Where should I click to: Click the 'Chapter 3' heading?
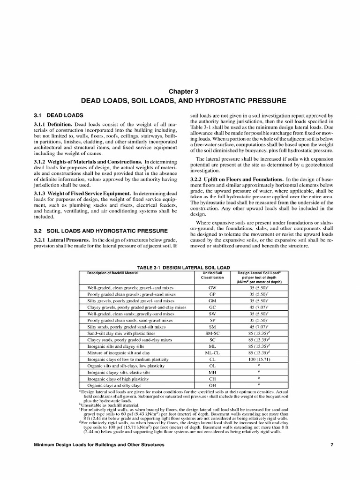tap(180, 91)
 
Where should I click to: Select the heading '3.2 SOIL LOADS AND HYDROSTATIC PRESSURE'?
tap(101, 231)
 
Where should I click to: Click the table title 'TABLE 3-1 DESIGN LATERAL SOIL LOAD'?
tap(180, 267)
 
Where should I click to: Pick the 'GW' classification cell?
tap(212, 287)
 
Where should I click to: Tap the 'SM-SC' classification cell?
tap(212, 333)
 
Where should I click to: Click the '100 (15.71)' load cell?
tap(262, 359)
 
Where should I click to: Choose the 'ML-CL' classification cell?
tap(212, 352)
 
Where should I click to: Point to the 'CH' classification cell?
tap(212, 379)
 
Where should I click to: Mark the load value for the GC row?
tap(262, 307)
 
